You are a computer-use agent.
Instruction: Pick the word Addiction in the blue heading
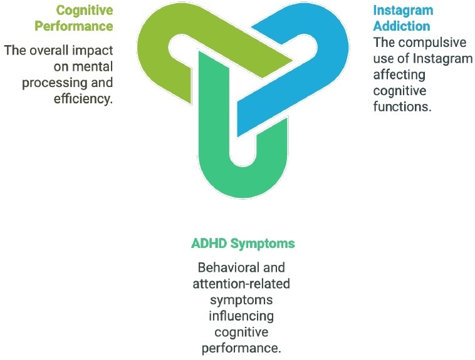pos(402,26)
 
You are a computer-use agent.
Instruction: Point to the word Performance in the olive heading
pos(74,26)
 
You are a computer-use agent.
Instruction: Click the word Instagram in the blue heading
pos(403,11)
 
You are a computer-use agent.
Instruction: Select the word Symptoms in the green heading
pos(264,243)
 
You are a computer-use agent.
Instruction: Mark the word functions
pos(402,106)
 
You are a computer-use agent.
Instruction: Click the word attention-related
pos(241,284)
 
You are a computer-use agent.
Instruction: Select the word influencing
pos(241,315)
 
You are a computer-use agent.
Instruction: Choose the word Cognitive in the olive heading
pos(85,11)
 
